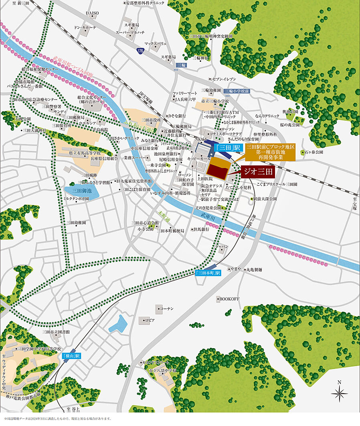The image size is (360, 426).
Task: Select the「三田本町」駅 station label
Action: point(208,273)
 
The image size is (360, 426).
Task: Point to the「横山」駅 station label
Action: point(72,356)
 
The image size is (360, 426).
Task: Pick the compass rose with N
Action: point(339,392)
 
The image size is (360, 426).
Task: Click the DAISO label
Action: point(92,13)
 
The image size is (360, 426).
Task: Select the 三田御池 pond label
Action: point(82,191)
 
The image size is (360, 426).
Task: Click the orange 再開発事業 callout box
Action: point(270,153)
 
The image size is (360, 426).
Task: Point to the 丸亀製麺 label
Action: point(254,270)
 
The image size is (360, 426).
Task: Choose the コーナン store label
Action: point(166,308)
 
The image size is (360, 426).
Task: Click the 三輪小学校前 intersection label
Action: point(237,91)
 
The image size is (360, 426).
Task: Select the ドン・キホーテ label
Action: point(86,28)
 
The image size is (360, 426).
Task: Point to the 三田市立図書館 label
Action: point(56,332)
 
